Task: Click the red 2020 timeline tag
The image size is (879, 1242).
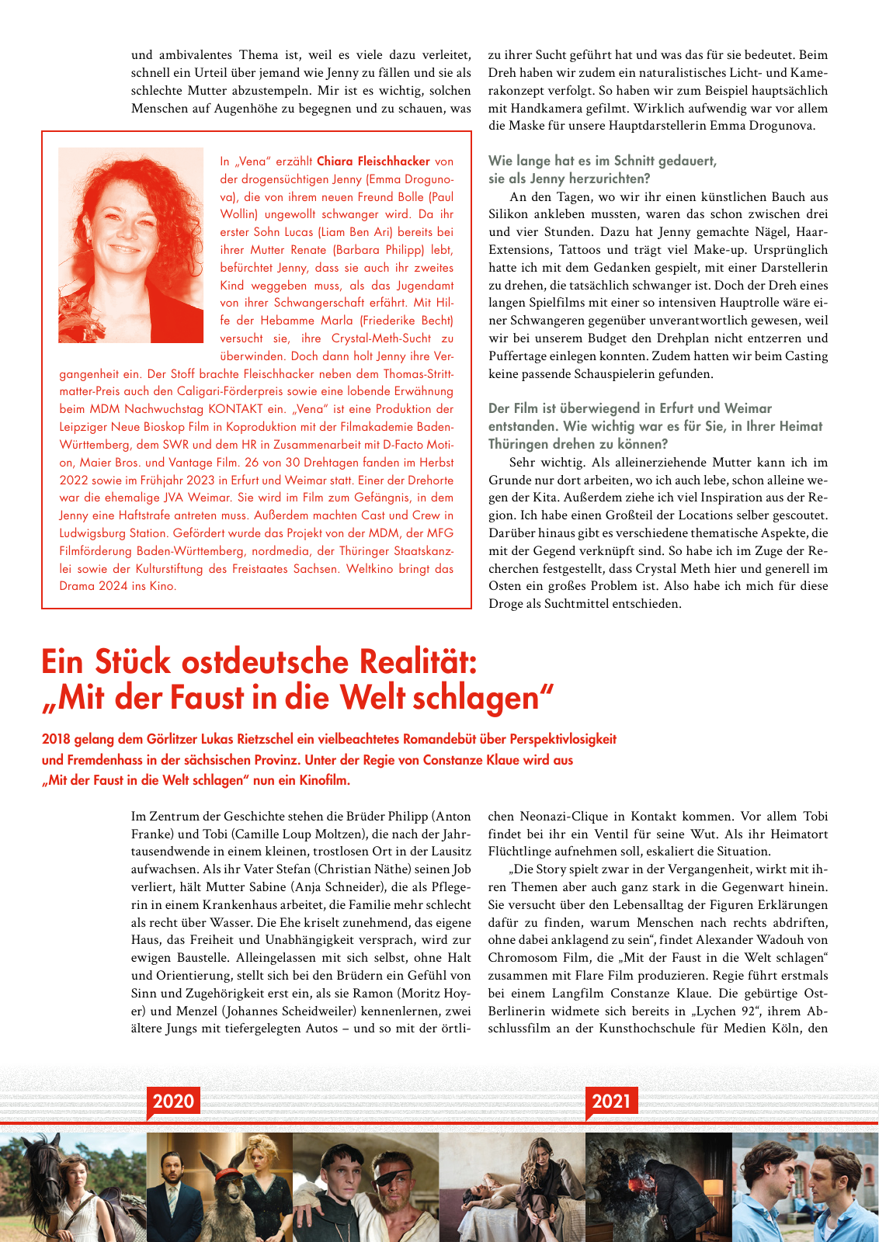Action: click(x=173, y=1101)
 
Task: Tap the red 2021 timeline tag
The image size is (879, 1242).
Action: click(x=611, y=1101)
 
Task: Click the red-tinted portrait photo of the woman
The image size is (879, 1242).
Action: click(x=130, y=245)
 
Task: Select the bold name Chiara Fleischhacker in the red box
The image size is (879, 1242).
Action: click(x=373, y=161)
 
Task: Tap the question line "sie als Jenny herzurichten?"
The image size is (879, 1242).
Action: click(x=569, y=179)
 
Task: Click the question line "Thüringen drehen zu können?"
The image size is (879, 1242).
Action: click(x=578, y=444)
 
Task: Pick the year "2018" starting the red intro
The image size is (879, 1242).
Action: click(x=57, y=739)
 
